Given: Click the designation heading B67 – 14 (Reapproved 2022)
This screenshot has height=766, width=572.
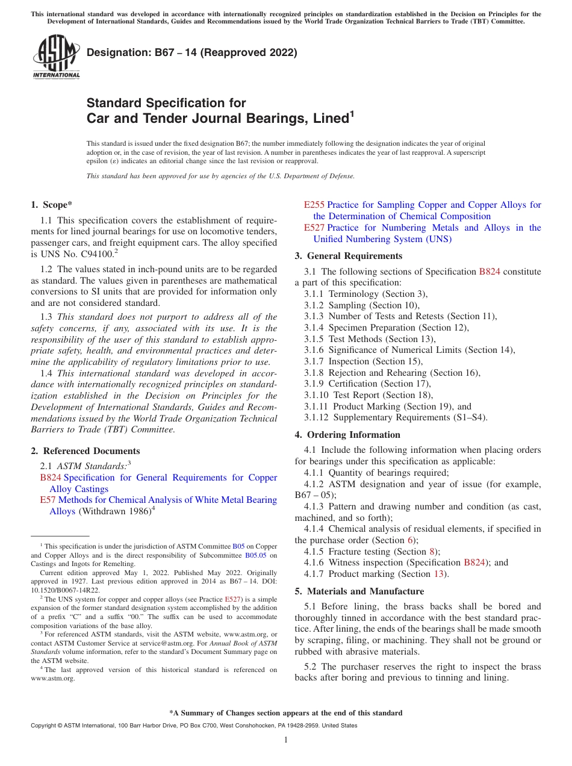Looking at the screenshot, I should click(191, 52).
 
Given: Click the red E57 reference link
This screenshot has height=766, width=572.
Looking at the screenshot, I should click(48, 500).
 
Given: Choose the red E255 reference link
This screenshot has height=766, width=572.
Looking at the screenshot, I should click(314, 205).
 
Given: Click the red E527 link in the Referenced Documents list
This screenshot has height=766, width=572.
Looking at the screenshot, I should click(314, 228).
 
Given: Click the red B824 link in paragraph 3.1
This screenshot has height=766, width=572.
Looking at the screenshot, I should click(489, 272).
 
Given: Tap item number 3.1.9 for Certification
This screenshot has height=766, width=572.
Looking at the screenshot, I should click(316, 384).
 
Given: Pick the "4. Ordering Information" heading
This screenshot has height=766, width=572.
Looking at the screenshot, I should click(347, 435).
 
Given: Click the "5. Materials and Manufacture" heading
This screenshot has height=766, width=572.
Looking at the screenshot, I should click(359, 591).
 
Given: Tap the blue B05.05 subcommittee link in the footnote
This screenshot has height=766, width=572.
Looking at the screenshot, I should click(255, 555).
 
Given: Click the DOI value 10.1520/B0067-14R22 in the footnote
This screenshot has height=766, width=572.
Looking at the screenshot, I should click(65, 591).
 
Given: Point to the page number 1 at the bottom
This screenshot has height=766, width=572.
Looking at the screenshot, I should click(286, 740).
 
